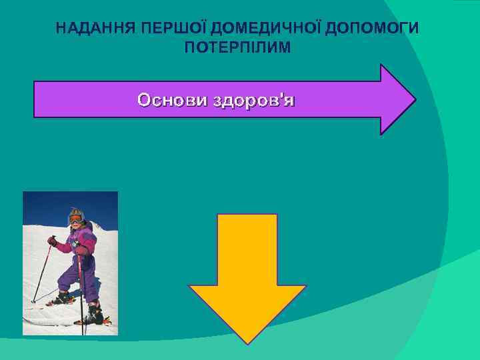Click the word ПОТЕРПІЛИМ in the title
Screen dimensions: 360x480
coord(237,48)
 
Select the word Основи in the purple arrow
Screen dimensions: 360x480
coord(171,101)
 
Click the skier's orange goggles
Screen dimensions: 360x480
coord(75,218)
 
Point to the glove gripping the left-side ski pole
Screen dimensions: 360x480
coord(52,241)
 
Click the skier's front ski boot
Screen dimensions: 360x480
coord(94,314)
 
